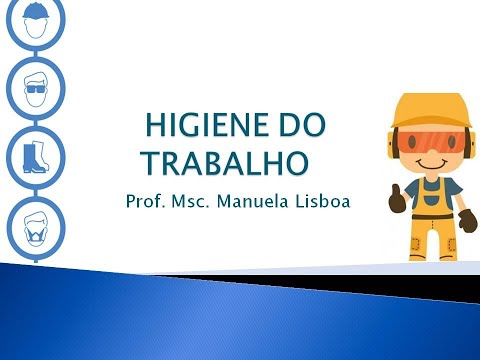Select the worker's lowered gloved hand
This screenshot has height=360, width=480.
click(466, 218)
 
